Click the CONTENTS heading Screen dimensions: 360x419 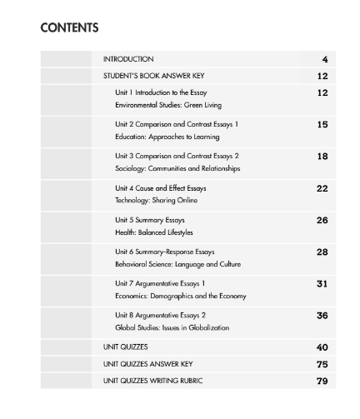coord(69,27)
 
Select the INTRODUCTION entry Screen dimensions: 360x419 coord(128,59)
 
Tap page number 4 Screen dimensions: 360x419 coord(324,59)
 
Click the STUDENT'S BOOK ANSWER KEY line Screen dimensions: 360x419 coord(151,76)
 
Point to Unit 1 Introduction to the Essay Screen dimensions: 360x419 coord(162,92)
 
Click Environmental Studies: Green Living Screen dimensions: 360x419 coord(167,106)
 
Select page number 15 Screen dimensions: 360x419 coord(322,124)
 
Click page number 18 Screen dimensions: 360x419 coord(322,156)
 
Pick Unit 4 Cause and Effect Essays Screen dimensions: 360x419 coord(161,187)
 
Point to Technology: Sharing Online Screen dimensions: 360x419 coord(155,201)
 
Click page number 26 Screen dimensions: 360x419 coord(322,220)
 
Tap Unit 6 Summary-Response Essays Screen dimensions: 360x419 coord(165,252)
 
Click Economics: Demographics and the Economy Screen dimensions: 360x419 coord(180,296)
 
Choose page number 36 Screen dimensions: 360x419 coord(322,316)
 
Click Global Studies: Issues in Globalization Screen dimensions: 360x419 coord(172,327)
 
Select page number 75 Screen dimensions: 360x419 coord(322,364)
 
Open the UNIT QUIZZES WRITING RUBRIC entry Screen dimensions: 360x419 coord(153,381)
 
